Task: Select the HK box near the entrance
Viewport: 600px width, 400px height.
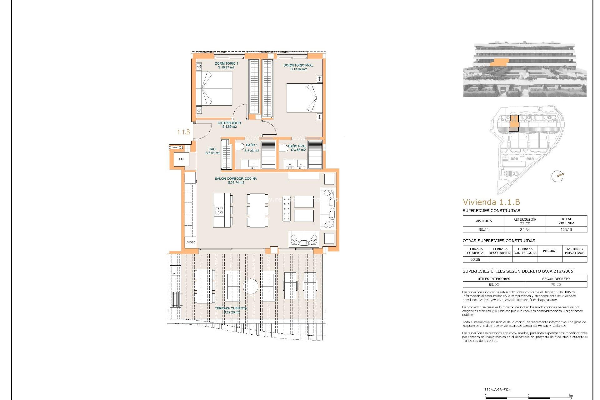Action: [182, 159]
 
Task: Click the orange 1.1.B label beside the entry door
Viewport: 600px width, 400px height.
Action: [183, 132]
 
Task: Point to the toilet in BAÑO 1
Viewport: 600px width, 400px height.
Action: [240, 146]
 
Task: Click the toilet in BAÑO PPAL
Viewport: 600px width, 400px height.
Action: [283, 148]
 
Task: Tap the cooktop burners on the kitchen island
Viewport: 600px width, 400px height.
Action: [219, 210]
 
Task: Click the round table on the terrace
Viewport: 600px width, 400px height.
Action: [250, 286]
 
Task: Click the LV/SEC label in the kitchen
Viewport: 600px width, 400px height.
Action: [190, 242]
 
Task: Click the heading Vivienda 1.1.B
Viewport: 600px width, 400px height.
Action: [491, 202]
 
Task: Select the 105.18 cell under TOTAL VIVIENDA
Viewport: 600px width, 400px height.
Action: [566, 229]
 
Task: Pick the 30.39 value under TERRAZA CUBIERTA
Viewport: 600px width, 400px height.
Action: [475, 259]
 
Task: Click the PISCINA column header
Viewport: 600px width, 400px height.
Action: [550, 251]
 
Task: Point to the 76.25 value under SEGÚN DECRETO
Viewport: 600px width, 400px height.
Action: [556, 284]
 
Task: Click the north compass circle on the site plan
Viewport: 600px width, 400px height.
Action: [557, 176]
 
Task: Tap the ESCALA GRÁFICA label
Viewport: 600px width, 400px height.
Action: [497, 389]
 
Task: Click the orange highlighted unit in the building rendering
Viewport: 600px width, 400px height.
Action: [499, 63]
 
